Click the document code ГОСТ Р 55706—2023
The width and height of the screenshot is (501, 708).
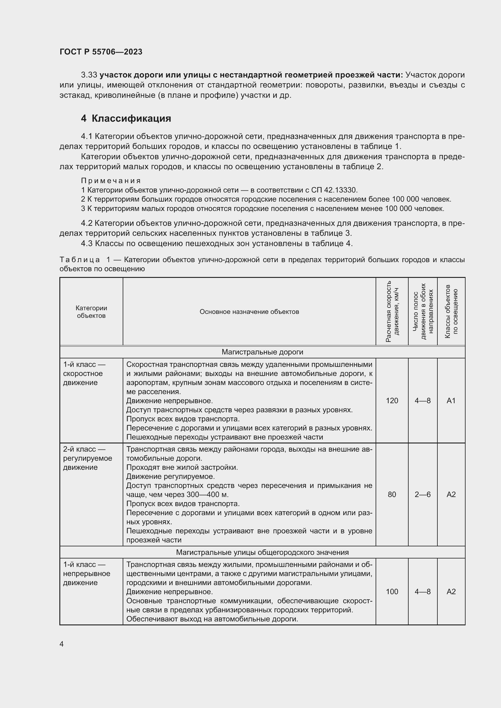click(x=101, y=52)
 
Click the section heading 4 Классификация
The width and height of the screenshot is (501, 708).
click(x=126, y=118)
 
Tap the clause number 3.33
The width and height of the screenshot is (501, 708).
click(x=89, y=75)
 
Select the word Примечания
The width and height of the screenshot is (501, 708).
click(x=111, y=180)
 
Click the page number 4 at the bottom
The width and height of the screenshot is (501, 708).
click(x=62, y=644)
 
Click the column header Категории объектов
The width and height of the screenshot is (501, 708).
click(x=91, y=312)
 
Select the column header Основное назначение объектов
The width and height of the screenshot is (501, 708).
click(x=249, y=312)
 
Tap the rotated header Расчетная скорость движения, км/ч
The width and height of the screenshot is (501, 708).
click(x=392, y=311)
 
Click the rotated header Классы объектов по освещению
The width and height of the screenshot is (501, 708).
click(x=451, y=311)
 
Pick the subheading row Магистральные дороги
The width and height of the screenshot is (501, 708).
click(x=262, y=352)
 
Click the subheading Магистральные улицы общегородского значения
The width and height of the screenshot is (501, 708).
click(x=262, y=552)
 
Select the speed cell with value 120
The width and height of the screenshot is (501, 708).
click(x=392, y=400)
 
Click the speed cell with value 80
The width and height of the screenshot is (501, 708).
click(x=392, y=495)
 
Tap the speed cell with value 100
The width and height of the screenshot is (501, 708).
click(x=392, y=591)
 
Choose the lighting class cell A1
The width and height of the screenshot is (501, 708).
click(x=451, y=400)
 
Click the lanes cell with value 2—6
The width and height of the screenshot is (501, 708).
click(x=423, y=495)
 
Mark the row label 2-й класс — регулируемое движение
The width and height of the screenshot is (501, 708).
click(x=88, y=458)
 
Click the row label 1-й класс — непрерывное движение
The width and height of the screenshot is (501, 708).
click(x=87, y=574)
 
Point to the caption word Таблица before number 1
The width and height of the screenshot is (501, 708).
click(x=80, y=260)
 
